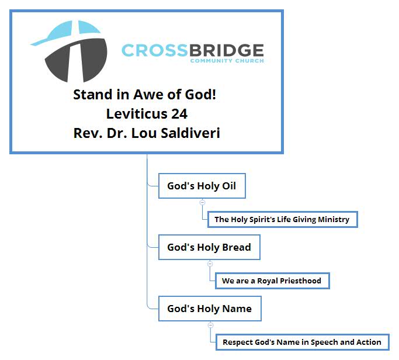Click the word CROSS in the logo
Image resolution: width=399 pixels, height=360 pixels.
[x=155, y=50]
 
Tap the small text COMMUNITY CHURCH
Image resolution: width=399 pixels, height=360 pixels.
[x=227, y=61]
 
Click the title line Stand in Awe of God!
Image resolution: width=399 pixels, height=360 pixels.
[x=144, y=95]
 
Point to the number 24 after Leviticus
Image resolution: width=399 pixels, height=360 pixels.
[x=179, y=113]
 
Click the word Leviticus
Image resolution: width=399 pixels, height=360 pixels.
[x=137, y=113]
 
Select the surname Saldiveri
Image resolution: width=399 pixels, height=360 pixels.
[x=190, y=133]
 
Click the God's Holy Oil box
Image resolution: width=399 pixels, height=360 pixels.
[x=202, y=186]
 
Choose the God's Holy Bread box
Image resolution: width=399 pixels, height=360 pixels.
[x=209, y=247]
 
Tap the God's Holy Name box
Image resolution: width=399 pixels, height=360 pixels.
[x=210, y=309]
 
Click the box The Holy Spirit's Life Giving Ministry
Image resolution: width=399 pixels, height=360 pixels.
[x=283, y=220]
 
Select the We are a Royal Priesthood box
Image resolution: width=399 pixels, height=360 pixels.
[x=272, y=281]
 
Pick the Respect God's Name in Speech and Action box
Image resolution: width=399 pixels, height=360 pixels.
[x=303, y=342]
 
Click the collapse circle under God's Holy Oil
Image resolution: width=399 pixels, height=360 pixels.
[x=202, y=202]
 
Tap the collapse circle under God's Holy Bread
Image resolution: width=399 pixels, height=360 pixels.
[x=210, y=264]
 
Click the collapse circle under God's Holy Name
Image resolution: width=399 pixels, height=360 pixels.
[x=210, y=325]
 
